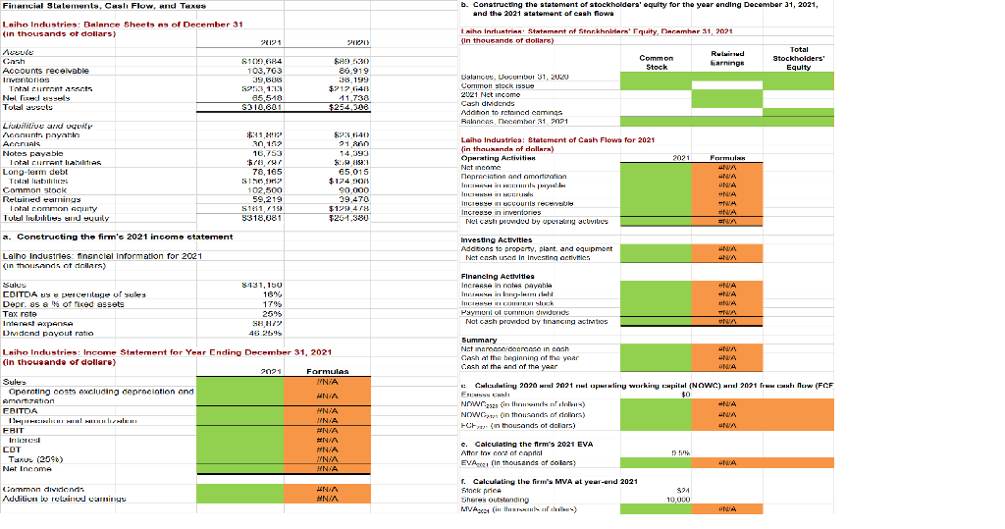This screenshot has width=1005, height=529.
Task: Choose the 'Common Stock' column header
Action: tap(656, 61)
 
